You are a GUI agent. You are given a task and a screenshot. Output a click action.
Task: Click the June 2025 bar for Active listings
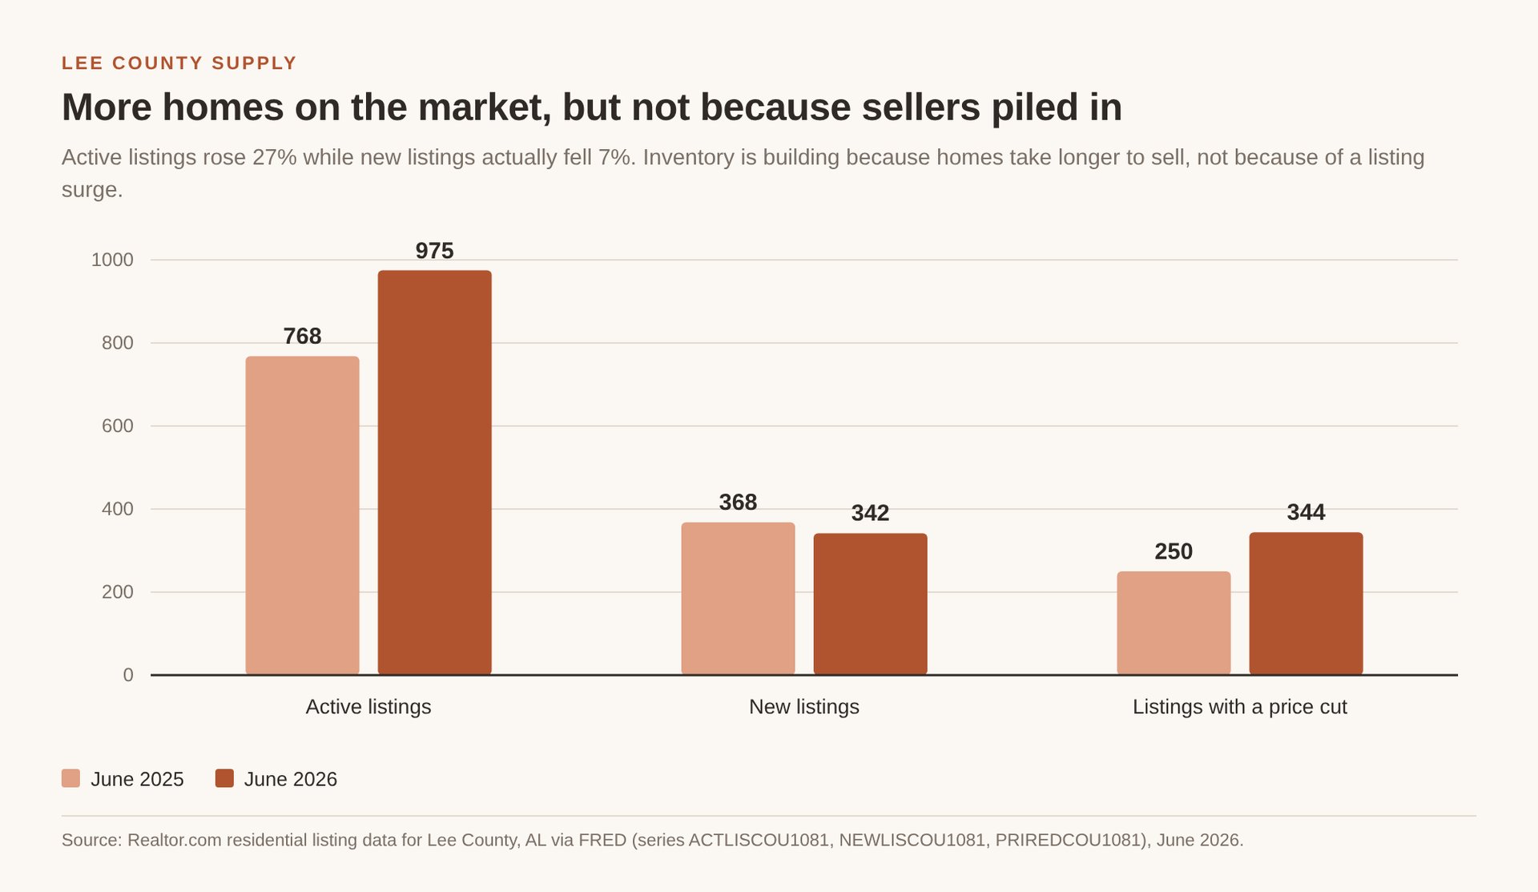click(302, 515)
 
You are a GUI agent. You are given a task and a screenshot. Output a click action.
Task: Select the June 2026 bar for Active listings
click(434, 473)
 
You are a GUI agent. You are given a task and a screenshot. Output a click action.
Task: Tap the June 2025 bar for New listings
click(738, 599)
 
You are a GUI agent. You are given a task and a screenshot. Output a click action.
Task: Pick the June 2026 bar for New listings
click(870, 604)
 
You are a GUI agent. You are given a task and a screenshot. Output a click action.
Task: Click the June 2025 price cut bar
click(1174, 623)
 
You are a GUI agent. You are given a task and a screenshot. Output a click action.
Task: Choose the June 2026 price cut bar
click(1306, 603)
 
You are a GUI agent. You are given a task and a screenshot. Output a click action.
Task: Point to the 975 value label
click(434, 251)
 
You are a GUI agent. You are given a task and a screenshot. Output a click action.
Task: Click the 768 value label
click(302, 336)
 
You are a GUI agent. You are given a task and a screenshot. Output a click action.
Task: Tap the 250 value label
click(1174, 551)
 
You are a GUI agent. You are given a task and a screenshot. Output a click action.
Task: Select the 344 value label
click(1306, 512)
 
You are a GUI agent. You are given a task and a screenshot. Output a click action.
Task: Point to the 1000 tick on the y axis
click(112, 260)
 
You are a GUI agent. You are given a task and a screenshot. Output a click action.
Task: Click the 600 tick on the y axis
click(118, 426)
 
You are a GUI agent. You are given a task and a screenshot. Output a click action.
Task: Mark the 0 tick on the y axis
click(128, 675)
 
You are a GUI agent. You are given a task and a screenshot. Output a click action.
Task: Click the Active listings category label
click(368, 707)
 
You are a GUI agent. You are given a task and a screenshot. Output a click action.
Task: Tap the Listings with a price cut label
click(1240, 707)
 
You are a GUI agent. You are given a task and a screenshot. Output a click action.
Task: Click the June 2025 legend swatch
click(70, 778)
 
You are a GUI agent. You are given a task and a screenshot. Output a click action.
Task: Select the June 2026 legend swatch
click(224, 778)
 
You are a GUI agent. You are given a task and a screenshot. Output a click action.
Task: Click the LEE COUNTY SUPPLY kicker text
click(179, 63)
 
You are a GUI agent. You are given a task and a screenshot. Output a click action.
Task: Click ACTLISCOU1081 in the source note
click(759, 840)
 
